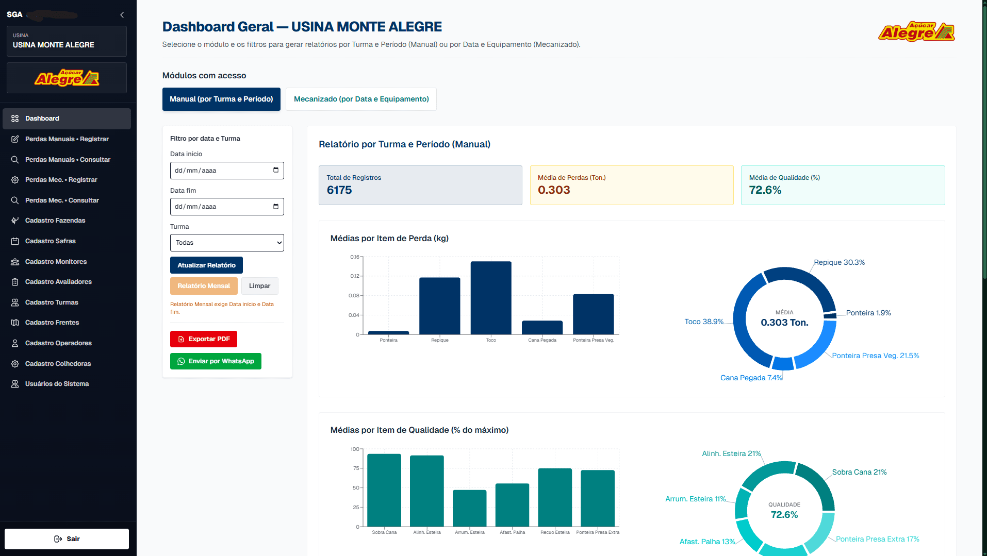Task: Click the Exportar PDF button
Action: pyautogui.click(x=204, y=339)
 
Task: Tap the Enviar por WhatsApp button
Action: pyautogui.click(x=216, y=361)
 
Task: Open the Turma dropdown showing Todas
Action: pyautogui.click(x=227, y=243)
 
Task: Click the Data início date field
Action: pyautogui.click(x=227, y=171)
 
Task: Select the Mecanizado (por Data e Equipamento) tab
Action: pyautogui.click(x=361, y=99)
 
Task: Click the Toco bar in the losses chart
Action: pyautogui.click(x=491, y=298)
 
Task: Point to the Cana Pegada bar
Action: pyautogui.click(x=542, y=328)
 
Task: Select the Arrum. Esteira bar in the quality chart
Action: pyautogui.click(x=469, y=508)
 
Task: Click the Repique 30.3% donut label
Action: pyautogui.click(x=839, y=262)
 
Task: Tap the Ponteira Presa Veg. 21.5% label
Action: pyautogui.click(x=875, y=356)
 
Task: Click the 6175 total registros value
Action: pyautogui.click(x=339, y=190)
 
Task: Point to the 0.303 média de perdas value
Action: pyautogui.click(x=554, y=190)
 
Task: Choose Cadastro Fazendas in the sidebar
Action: pyautogui.click(x=55, y=221)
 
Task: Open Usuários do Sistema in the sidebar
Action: pyautogui.click(x=57, y=384)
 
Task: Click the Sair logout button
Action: pyautogui.click(x=67, y=539)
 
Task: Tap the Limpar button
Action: pyautogui.click(x=259, y=286)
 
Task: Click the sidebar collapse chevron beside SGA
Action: pyautogui.click(x=122, y=15)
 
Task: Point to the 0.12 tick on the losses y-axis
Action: pyautogui.click(x=354, y=276)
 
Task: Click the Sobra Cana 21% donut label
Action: pyautogui.click(x=859, y=472)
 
